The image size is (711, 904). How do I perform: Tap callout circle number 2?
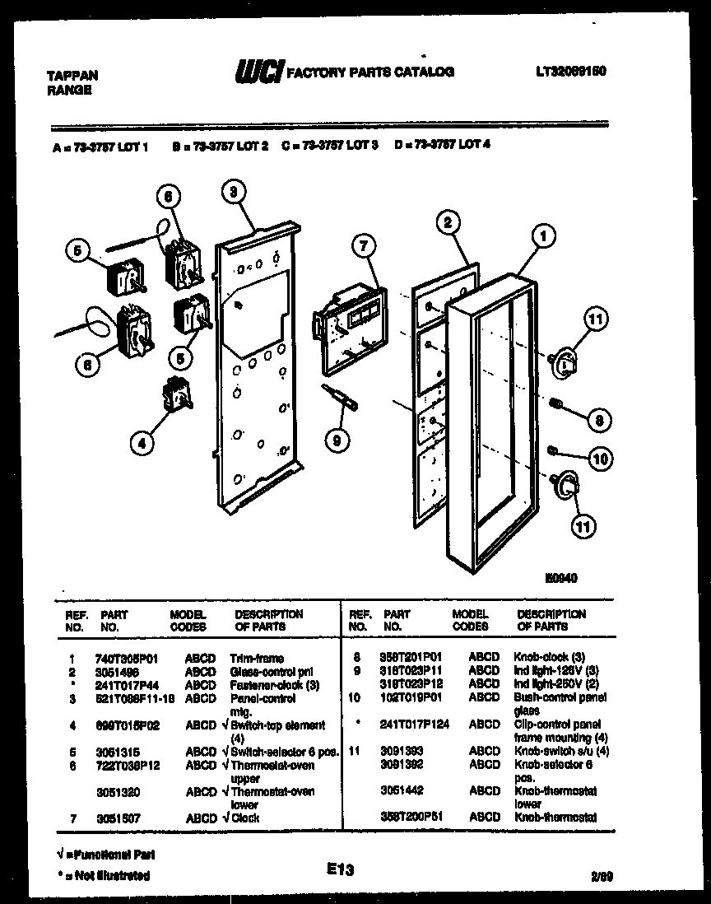pyautogui.click(x=446, y=221)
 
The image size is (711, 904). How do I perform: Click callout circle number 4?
pyautogui.click(x=142, y=442)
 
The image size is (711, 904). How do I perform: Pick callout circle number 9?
pyautogui.click(x=334, y=440)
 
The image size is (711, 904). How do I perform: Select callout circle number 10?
pyautogui.click(x=601, y=459)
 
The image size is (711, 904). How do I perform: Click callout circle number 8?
pyautogui.click(x=599, y=420)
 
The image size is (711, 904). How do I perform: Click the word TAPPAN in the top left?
pyautogui.click(x=72, y=75)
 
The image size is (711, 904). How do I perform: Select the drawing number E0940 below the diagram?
pyautogui.click(x=561, y=578)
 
